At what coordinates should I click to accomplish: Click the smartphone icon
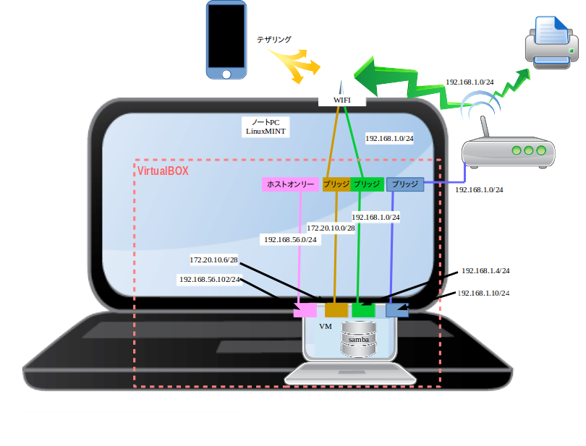tap(226, 39)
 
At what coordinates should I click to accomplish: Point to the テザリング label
tap(274, 40)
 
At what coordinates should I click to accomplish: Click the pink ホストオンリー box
tap(290, 184)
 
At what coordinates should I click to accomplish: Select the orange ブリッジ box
tap(336, 184)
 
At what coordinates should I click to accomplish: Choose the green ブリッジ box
tap(367, 184)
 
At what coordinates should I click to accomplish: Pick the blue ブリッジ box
tap(404, 184)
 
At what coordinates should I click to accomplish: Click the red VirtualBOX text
tap(164, 171)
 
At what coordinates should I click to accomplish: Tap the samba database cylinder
tap(360, 339)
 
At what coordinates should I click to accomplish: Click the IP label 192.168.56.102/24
tap(210, 279)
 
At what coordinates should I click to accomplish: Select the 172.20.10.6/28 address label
tap(213, 260)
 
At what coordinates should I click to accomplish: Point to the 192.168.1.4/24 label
tap(485, 271)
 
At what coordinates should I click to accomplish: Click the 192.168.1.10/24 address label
tap(483, 293)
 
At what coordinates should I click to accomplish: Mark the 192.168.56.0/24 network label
tap(290, 239)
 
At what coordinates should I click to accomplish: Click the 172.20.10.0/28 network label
tap(331, 228)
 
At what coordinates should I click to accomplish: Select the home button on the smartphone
tap(226, 74)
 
